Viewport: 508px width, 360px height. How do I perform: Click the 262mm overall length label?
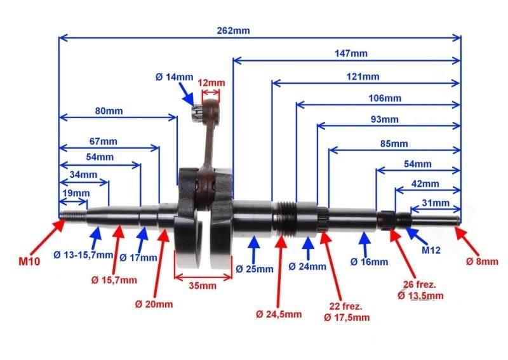pos(233,30)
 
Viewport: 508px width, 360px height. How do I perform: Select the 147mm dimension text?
pos(351,53)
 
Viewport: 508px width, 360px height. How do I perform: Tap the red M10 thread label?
pos(29,261)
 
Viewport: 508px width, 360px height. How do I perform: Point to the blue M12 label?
pos(431,250)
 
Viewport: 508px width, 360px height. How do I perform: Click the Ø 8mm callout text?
pos(482,261)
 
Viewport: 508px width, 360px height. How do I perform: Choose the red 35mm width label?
pos(203,286)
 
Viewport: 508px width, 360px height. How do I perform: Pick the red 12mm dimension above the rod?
pos(211,83)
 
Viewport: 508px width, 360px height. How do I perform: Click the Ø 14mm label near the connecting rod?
pos(174,77)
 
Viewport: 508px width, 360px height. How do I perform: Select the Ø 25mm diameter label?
pos(255,269)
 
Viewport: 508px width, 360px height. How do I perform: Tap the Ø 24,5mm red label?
pos(279,314)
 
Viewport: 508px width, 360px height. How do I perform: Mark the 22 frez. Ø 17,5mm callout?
pos(347,312)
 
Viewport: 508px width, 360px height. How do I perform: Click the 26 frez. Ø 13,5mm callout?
pos(420,290)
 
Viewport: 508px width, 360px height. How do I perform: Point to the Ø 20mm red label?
pos(154,304)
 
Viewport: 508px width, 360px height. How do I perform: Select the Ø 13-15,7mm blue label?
pos(83,255)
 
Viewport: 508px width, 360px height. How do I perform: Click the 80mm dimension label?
pos(109,111)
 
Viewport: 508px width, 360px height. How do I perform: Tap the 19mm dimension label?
pos(76,193)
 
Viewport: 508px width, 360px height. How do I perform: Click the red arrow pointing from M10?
pos(53,232)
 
